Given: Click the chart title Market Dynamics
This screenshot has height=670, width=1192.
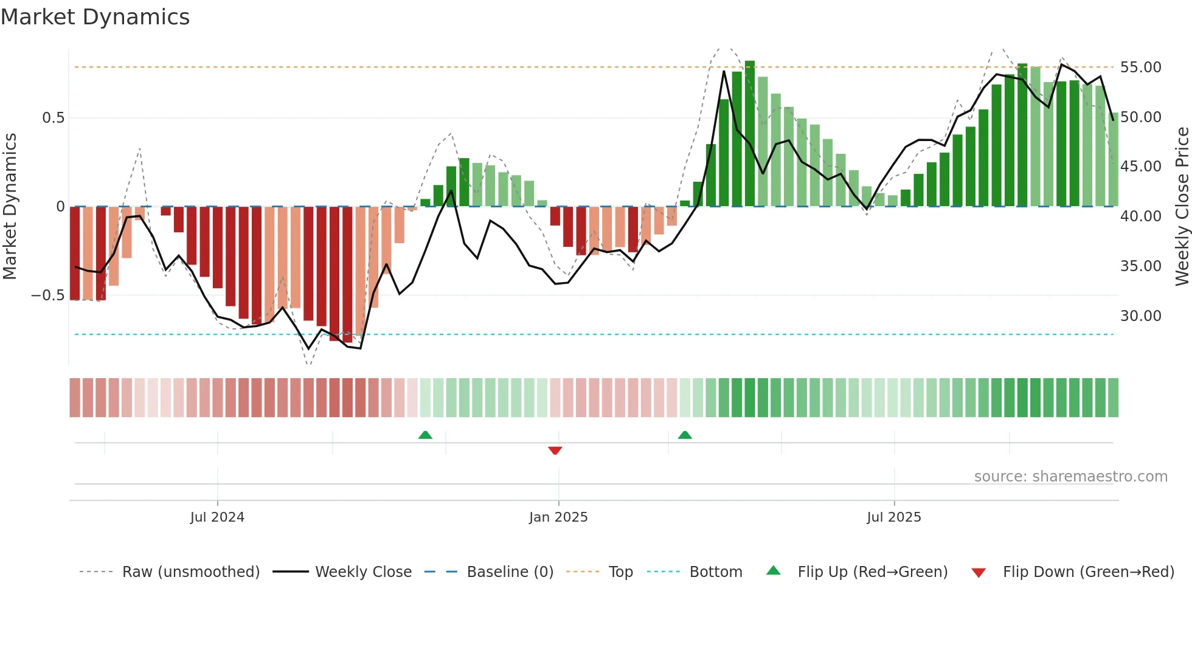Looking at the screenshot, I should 95,17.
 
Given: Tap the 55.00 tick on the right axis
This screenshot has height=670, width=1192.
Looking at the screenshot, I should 1140,67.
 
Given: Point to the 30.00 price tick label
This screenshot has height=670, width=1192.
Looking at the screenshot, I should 1140,316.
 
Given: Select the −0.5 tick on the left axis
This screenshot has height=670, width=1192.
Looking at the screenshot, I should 47,295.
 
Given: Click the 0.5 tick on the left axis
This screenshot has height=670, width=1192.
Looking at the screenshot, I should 53,118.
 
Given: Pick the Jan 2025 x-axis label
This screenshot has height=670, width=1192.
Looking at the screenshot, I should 558,517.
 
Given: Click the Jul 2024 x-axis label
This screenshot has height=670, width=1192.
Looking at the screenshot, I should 217,517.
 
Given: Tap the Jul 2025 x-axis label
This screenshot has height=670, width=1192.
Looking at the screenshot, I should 894,517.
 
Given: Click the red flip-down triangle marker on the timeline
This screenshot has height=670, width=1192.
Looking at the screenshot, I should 555,451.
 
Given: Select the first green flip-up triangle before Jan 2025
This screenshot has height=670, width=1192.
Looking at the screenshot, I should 425,435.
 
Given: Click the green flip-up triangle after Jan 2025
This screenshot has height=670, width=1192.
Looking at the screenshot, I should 685,435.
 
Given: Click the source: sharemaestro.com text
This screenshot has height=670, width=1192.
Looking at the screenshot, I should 1070,477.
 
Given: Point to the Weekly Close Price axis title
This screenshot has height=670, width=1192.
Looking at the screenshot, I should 1182,207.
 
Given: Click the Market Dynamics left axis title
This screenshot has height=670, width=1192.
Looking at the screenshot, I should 10,207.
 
